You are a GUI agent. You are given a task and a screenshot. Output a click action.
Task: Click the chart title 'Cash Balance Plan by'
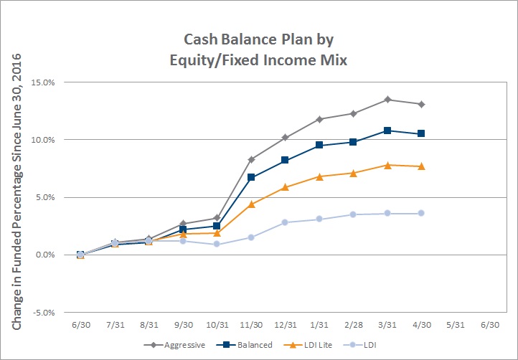click(x=259, y=39)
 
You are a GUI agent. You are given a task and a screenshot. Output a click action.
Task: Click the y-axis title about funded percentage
click(x=17, y=191)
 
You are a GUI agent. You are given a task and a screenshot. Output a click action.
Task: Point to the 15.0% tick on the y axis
click(x=43, y=82)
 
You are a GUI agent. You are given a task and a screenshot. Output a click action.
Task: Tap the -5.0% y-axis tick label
click(x=43, y=313)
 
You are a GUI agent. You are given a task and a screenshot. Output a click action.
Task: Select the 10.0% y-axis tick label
click(x=43, y=140)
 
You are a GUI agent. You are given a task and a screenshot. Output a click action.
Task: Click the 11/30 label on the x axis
click(x=251, y=325)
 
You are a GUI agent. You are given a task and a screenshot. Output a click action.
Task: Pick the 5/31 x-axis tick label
click(x=456, y=325)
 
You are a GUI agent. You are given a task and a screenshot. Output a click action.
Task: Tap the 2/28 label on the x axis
click(x=354, y=325)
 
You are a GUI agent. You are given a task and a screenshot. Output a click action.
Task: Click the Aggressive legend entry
click(x=175, y=345)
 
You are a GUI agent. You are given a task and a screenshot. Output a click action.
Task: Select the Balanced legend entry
click(x=245, y=345)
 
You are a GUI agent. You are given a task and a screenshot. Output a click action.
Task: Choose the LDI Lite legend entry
click(x=309, y=345)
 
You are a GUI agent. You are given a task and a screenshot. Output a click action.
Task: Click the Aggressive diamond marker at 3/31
click(x=387, y=100)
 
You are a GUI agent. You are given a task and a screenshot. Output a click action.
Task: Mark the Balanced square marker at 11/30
click(x=251, y=177)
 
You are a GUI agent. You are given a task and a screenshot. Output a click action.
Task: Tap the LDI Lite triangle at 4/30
click(x=421, y=166)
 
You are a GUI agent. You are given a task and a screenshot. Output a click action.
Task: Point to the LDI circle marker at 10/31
click(x=217, y=244)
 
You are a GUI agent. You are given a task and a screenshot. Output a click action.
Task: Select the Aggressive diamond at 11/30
click(x=251, y=159)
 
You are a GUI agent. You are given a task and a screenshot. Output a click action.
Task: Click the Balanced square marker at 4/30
click(x=421, y=133)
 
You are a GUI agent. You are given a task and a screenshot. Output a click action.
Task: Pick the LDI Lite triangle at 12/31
click(x=285, y=187)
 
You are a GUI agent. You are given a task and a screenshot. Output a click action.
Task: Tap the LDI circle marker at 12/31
click(x=285, y=222)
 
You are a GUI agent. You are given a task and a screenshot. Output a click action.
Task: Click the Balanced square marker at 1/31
click(x=319, y=145)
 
